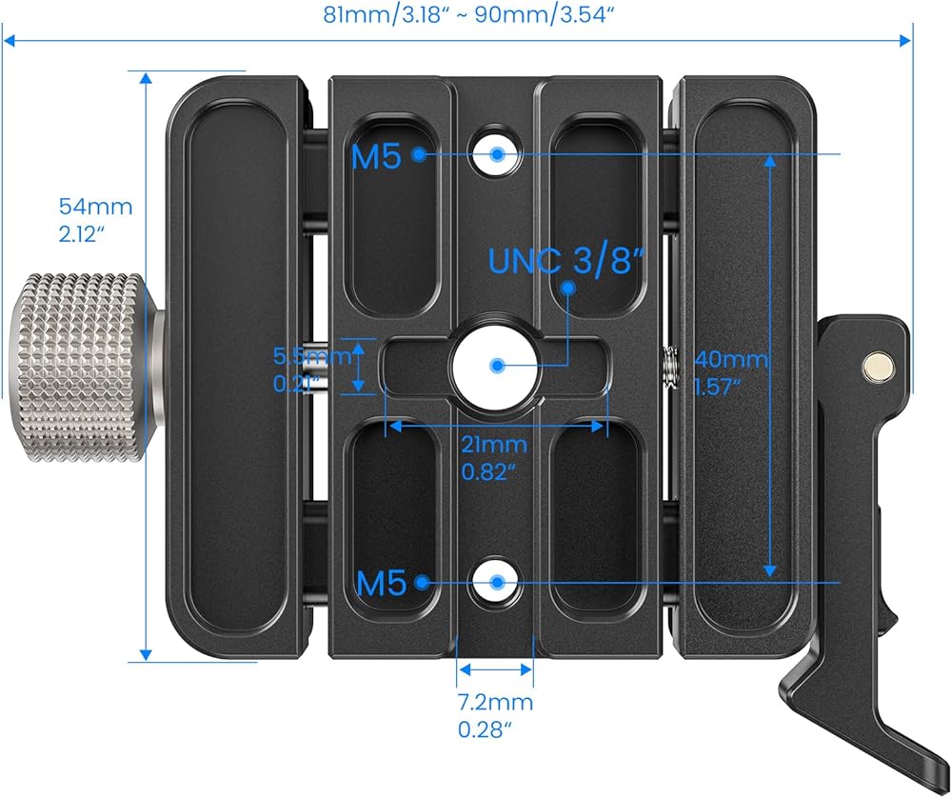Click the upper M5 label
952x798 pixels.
(x=378, y=156)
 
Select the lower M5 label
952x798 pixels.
(x=382, y=583)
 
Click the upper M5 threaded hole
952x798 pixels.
(x=497, y=153)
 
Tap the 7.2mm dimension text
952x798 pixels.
(x=494, y=715)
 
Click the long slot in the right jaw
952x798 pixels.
(x=744, y=367)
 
